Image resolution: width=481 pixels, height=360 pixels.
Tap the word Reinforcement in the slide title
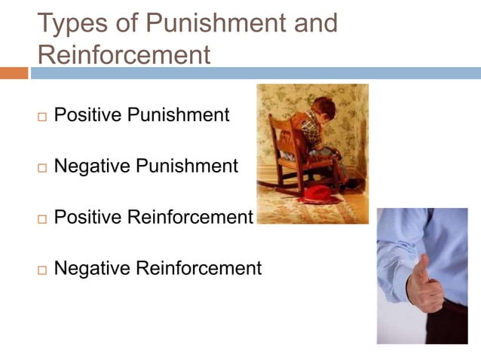(124, 55)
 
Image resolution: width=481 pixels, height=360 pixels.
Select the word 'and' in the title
(311, 23)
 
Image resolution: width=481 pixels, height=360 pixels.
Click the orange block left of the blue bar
(14, 73)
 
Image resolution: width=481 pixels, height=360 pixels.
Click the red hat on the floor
(316, 194)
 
